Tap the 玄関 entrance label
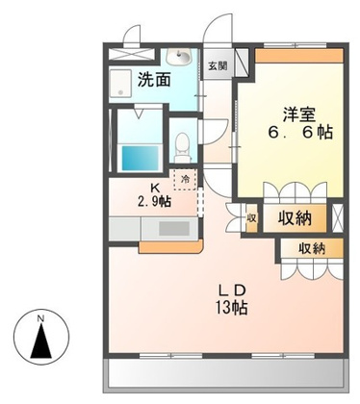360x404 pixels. pyautogui.click(x=219, y=66)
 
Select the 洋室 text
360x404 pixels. pyautogui.click(x=297, y=111)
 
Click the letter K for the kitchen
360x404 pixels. pyautogui.click(x=153, y=187)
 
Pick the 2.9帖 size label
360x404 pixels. pyautogui.click(x=154, y=201)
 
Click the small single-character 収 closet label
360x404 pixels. pyautogui.click(x=251, y=218)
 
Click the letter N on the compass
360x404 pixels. pyautogui.click(x=40, y=318)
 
